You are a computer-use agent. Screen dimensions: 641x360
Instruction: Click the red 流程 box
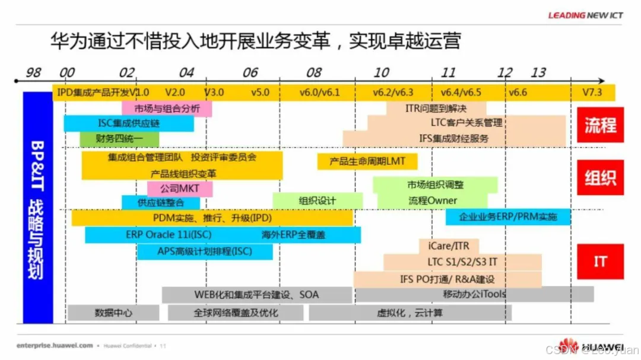click(x=600, y=125)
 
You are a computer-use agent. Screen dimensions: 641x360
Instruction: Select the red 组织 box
click(x=600, y=177)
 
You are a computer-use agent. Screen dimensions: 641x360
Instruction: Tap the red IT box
click(x=600, y=261)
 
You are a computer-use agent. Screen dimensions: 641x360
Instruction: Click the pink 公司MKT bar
click(x=180, y=189)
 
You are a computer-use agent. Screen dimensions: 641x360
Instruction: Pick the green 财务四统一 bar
click(x=111, y=139)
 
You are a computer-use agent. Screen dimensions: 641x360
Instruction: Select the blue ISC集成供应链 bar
click(x=128, y=123)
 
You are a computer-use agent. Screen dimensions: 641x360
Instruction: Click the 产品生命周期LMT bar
click(x=367, y=161)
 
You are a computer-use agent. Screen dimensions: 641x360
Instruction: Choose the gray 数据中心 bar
click(x=113, y=313)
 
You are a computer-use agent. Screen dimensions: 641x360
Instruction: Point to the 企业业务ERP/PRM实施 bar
click(x=508, y=216)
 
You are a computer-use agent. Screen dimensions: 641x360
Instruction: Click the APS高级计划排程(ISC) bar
click(x=205, y=251)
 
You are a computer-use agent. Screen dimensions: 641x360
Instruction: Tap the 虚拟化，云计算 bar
click(x=410, y=313)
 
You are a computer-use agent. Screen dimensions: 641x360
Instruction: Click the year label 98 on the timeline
click(x=34, y=72)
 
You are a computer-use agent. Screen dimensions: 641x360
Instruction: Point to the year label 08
click(x=313, y=72)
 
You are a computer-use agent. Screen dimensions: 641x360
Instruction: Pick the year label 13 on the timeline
click(x=538, y=72)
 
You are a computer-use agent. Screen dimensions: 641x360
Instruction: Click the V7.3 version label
click(x=592, y=93)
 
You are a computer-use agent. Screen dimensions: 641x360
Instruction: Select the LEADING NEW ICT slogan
click(x=585, y=15)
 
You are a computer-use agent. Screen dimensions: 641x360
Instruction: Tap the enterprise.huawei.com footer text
click(x=55, y=345)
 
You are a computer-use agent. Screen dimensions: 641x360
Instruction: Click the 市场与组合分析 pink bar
click(x=167, y=109)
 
